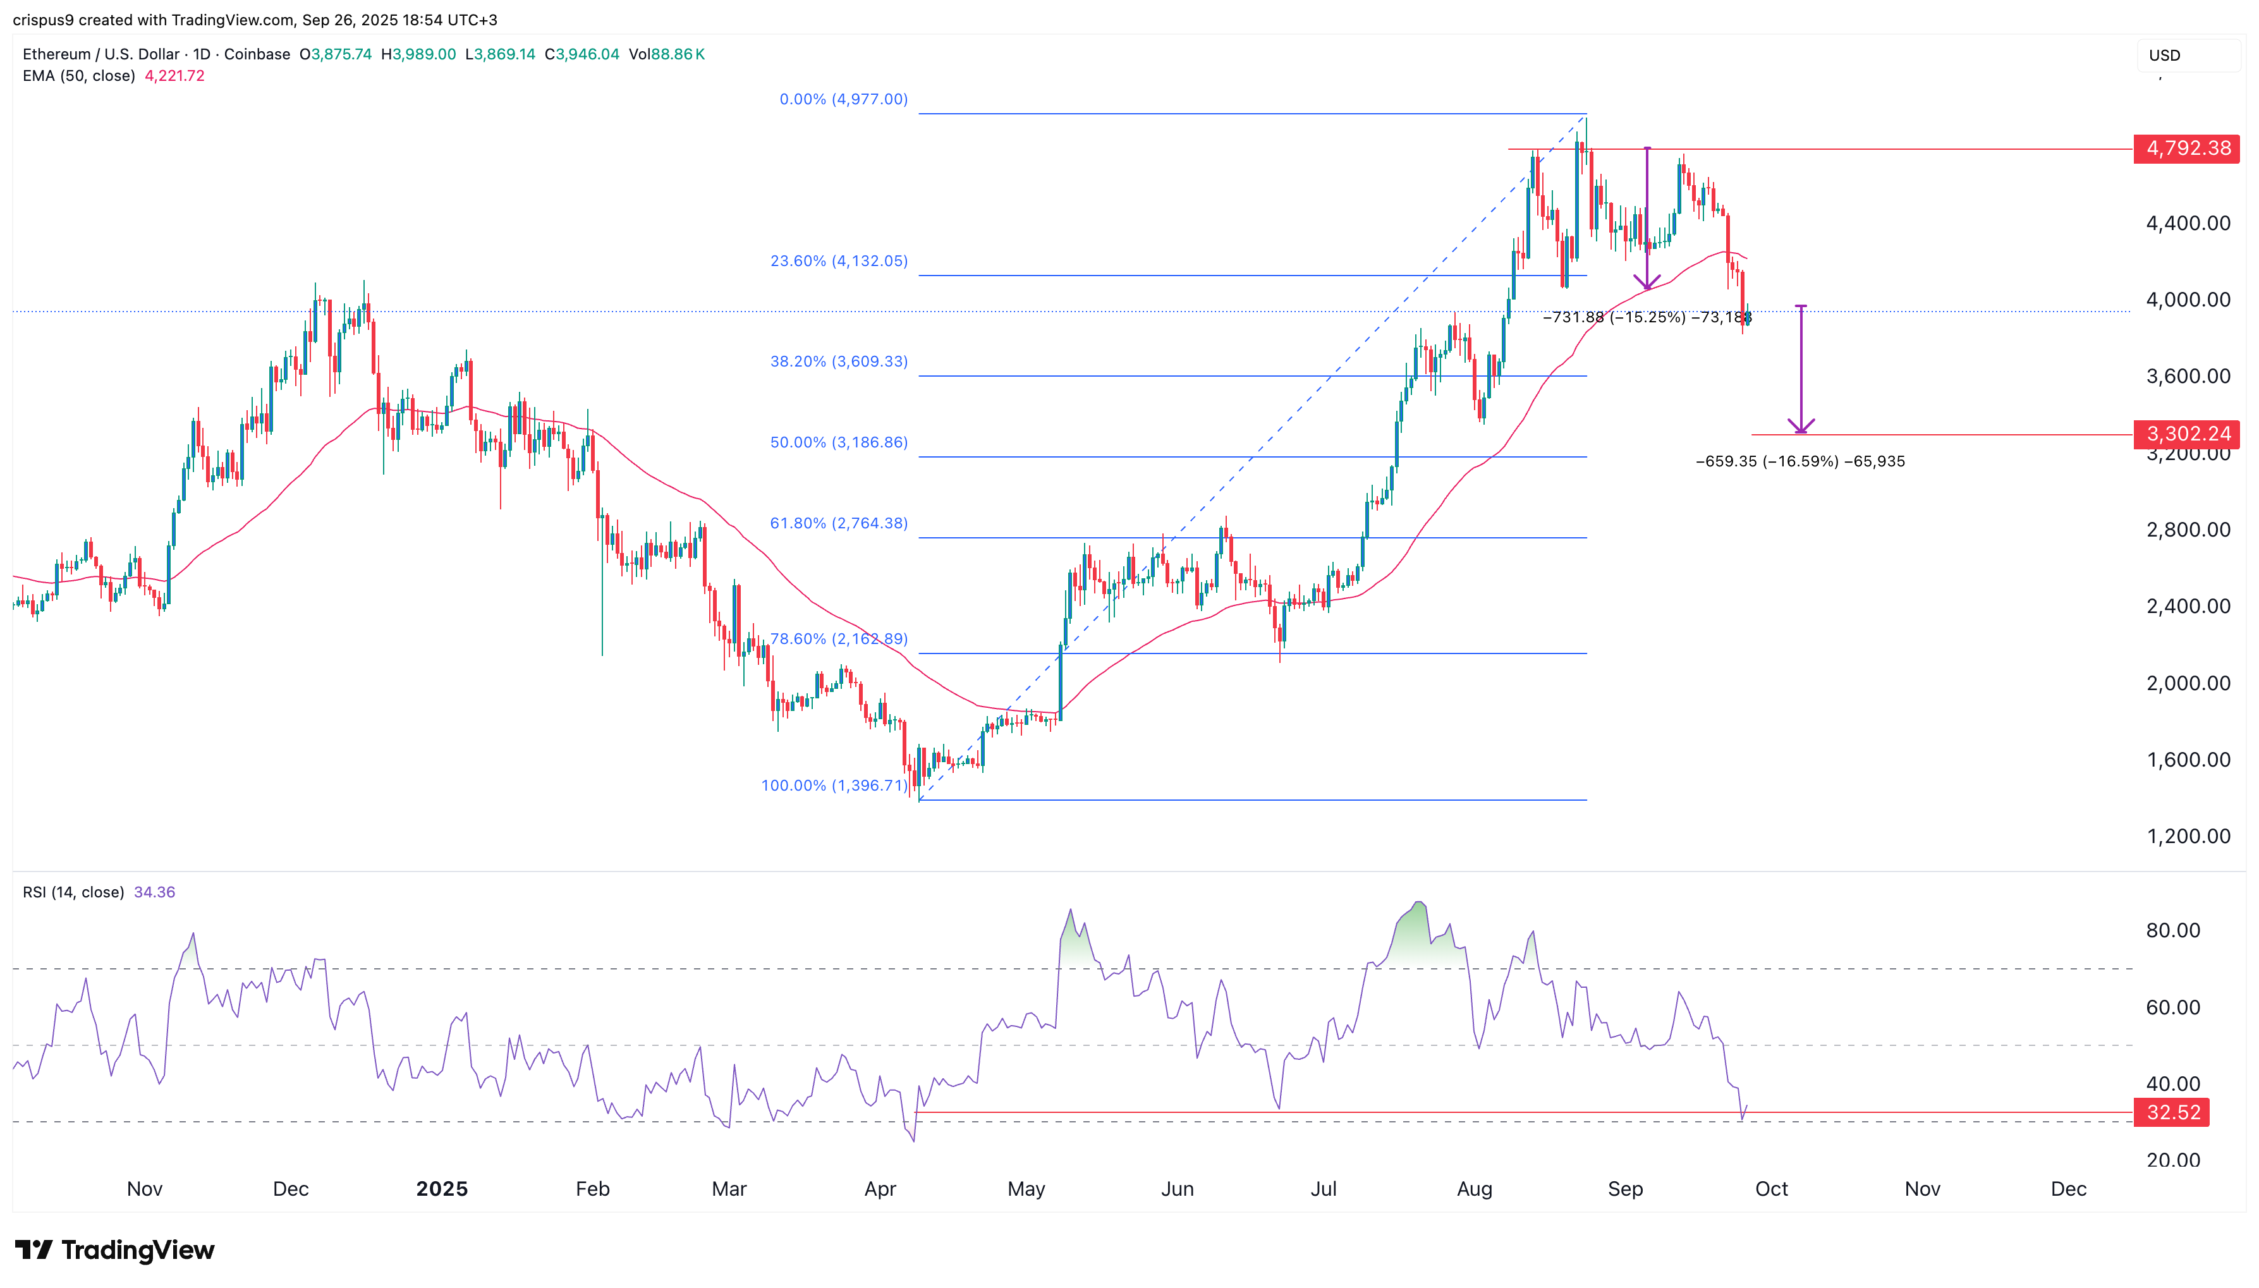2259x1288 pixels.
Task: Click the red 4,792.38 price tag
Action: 2186,149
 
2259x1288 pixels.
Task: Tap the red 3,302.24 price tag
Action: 2186,434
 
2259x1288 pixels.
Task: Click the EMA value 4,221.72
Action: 174,76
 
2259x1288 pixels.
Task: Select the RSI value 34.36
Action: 154,892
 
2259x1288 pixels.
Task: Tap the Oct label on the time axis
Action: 1771,1188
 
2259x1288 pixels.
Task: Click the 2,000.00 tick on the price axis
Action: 2188,683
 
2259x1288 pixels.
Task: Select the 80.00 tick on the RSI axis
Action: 2172,930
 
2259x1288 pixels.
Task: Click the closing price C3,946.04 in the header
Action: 582,54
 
